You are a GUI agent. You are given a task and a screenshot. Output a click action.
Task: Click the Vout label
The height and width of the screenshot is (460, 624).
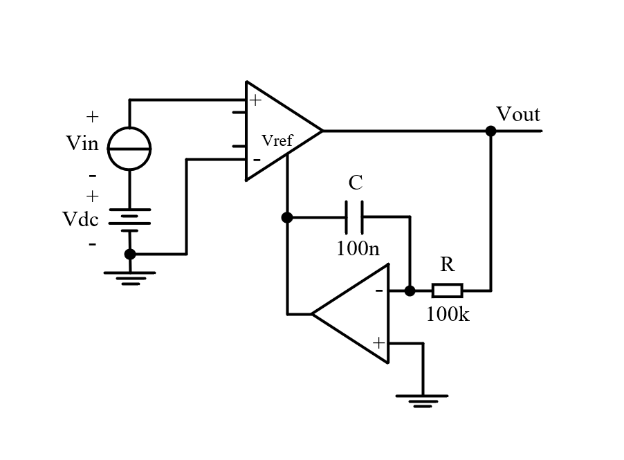517,115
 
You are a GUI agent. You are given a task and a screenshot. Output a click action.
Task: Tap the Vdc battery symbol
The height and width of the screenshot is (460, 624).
130,220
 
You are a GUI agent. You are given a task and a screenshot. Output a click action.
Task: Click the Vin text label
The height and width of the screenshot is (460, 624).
82,143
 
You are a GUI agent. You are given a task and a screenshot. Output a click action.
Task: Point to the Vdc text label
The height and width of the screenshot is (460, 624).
80,219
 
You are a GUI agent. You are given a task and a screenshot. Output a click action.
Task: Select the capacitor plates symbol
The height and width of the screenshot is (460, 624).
354,217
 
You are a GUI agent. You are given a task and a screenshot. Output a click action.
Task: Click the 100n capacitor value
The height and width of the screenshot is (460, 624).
358,249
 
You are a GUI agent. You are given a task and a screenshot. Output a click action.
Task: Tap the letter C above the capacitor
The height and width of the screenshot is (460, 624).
356,183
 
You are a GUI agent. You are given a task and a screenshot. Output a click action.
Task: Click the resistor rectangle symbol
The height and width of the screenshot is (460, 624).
448,291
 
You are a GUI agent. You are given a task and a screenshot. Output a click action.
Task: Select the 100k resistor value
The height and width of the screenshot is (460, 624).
448,314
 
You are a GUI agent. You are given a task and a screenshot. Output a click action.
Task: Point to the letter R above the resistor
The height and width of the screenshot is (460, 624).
448,264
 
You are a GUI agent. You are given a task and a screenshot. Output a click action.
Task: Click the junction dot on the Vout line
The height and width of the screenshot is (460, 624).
491,131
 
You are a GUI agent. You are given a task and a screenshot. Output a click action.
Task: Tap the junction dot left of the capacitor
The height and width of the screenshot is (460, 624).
287,217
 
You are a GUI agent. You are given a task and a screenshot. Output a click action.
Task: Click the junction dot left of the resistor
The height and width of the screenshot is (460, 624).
410,291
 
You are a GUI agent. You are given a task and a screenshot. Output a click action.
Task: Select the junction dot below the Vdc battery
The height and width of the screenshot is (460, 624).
130,254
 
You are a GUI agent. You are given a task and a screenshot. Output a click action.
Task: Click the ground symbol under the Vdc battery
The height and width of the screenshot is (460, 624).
130,278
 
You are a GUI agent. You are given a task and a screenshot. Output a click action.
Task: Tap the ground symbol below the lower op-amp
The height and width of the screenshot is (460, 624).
422,401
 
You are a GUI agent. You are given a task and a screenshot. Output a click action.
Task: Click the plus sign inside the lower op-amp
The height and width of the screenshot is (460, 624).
379,342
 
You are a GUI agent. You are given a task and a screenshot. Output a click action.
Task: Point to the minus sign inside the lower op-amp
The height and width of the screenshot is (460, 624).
379,291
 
